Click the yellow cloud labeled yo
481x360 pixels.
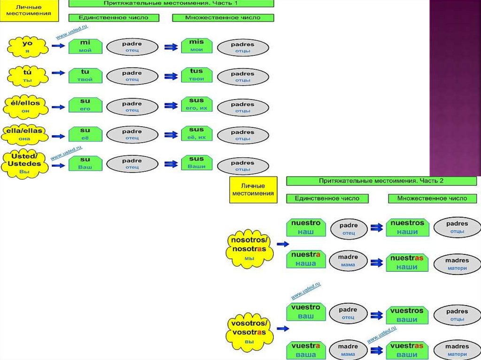(x=28, y=46)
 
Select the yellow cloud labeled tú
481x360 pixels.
(x=28, y=75)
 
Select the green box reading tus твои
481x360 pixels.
(x=196, y=75)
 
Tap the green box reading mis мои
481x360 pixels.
(x=196, y=46)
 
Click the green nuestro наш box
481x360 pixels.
(x=306, y=227)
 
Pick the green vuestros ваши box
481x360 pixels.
(x=407, y=315)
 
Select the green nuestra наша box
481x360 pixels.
(x=306, y=259)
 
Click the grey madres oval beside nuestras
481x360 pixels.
(x=457, y=264)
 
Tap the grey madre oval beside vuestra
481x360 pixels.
(x=348, y=350)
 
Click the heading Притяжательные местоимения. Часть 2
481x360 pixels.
(x=381, y=181)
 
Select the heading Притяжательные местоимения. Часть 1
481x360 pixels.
(x=171, y=3)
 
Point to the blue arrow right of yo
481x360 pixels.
(x=58, y=46)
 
